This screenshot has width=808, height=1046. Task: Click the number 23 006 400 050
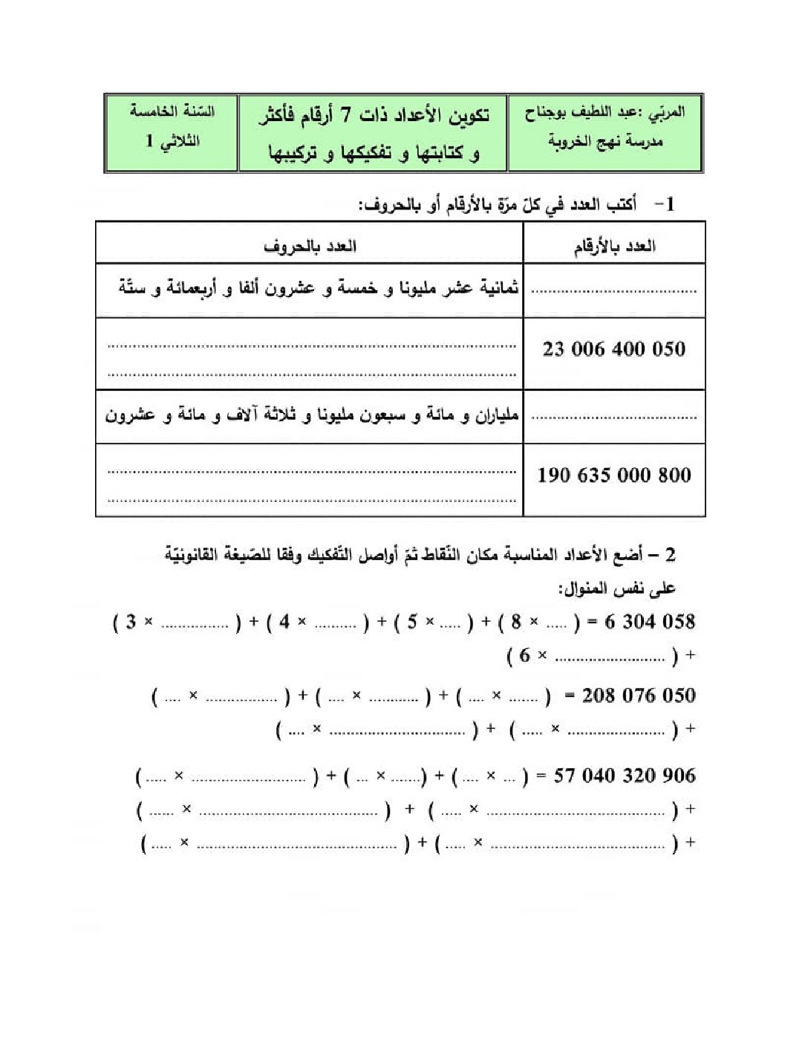pyautogui.click(x=613, y=348)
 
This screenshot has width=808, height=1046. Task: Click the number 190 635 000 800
pyautogui.click(x=613, y=475)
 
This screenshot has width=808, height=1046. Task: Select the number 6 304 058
pyautogui.click(x=650, y=622)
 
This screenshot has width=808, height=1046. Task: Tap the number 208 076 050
pyautogui.click(x=639, y=696)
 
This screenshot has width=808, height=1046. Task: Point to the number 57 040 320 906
pyautogui.click(x=625, y=776)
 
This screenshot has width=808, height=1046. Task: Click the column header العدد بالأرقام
pyautogui.click(x=614, y=246)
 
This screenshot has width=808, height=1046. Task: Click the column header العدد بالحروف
pyautogui.click(x=310, y=246)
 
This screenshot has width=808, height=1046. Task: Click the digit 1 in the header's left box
pyautogui.click(x=149, y=141)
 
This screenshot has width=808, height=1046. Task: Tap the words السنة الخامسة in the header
pyautogui.click(x=172, y=111)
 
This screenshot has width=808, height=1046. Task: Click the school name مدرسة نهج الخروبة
pyautogui.click(x=605, y=141)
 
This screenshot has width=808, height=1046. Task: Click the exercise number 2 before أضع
pyautogui.click(x=670, y=555)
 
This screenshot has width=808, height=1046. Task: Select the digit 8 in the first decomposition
pyautogui.click(x=515, y=622)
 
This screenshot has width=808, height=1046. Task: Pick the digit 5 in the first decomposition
pyautogui.click(x=412, y=622)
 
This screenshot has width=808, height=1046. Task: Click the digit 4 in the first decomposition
pyautogui.click(x=284, y=622)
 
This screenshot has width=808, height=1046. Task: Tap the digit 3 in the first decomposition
pyautogui.click(x=131, y=622)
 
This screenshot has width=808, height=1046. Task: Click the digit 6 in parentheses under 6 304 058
pyautogui.click(x=524, y=655)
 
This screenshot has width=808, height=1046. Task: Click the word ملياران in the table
pyautogui.click(x=497, y=415)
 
